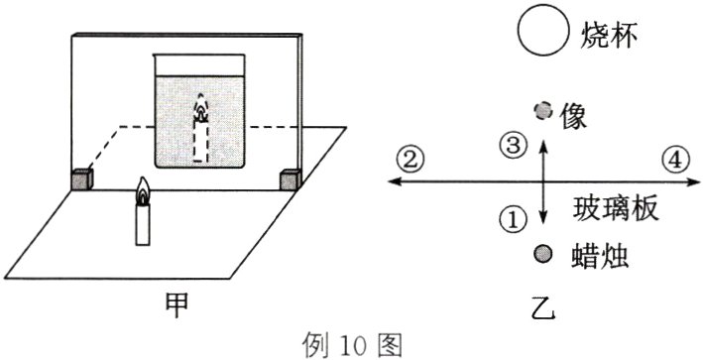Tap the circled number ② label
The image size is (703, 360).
click(410, 158)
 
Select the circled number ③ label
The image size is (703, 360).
click(512, 148)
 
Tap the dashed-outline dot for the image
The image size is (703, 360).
click(541, 110)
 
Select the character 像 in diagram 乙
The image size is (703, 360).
click(573, 112)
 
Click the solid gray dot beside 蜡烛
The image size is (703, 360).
click(541, 253)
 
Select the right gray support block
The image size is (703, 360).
click(290, 179)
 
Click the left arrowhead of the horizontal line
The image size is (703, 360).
click(394, 180)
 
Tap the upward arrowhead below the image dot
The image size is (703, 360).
click(541, 144)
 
